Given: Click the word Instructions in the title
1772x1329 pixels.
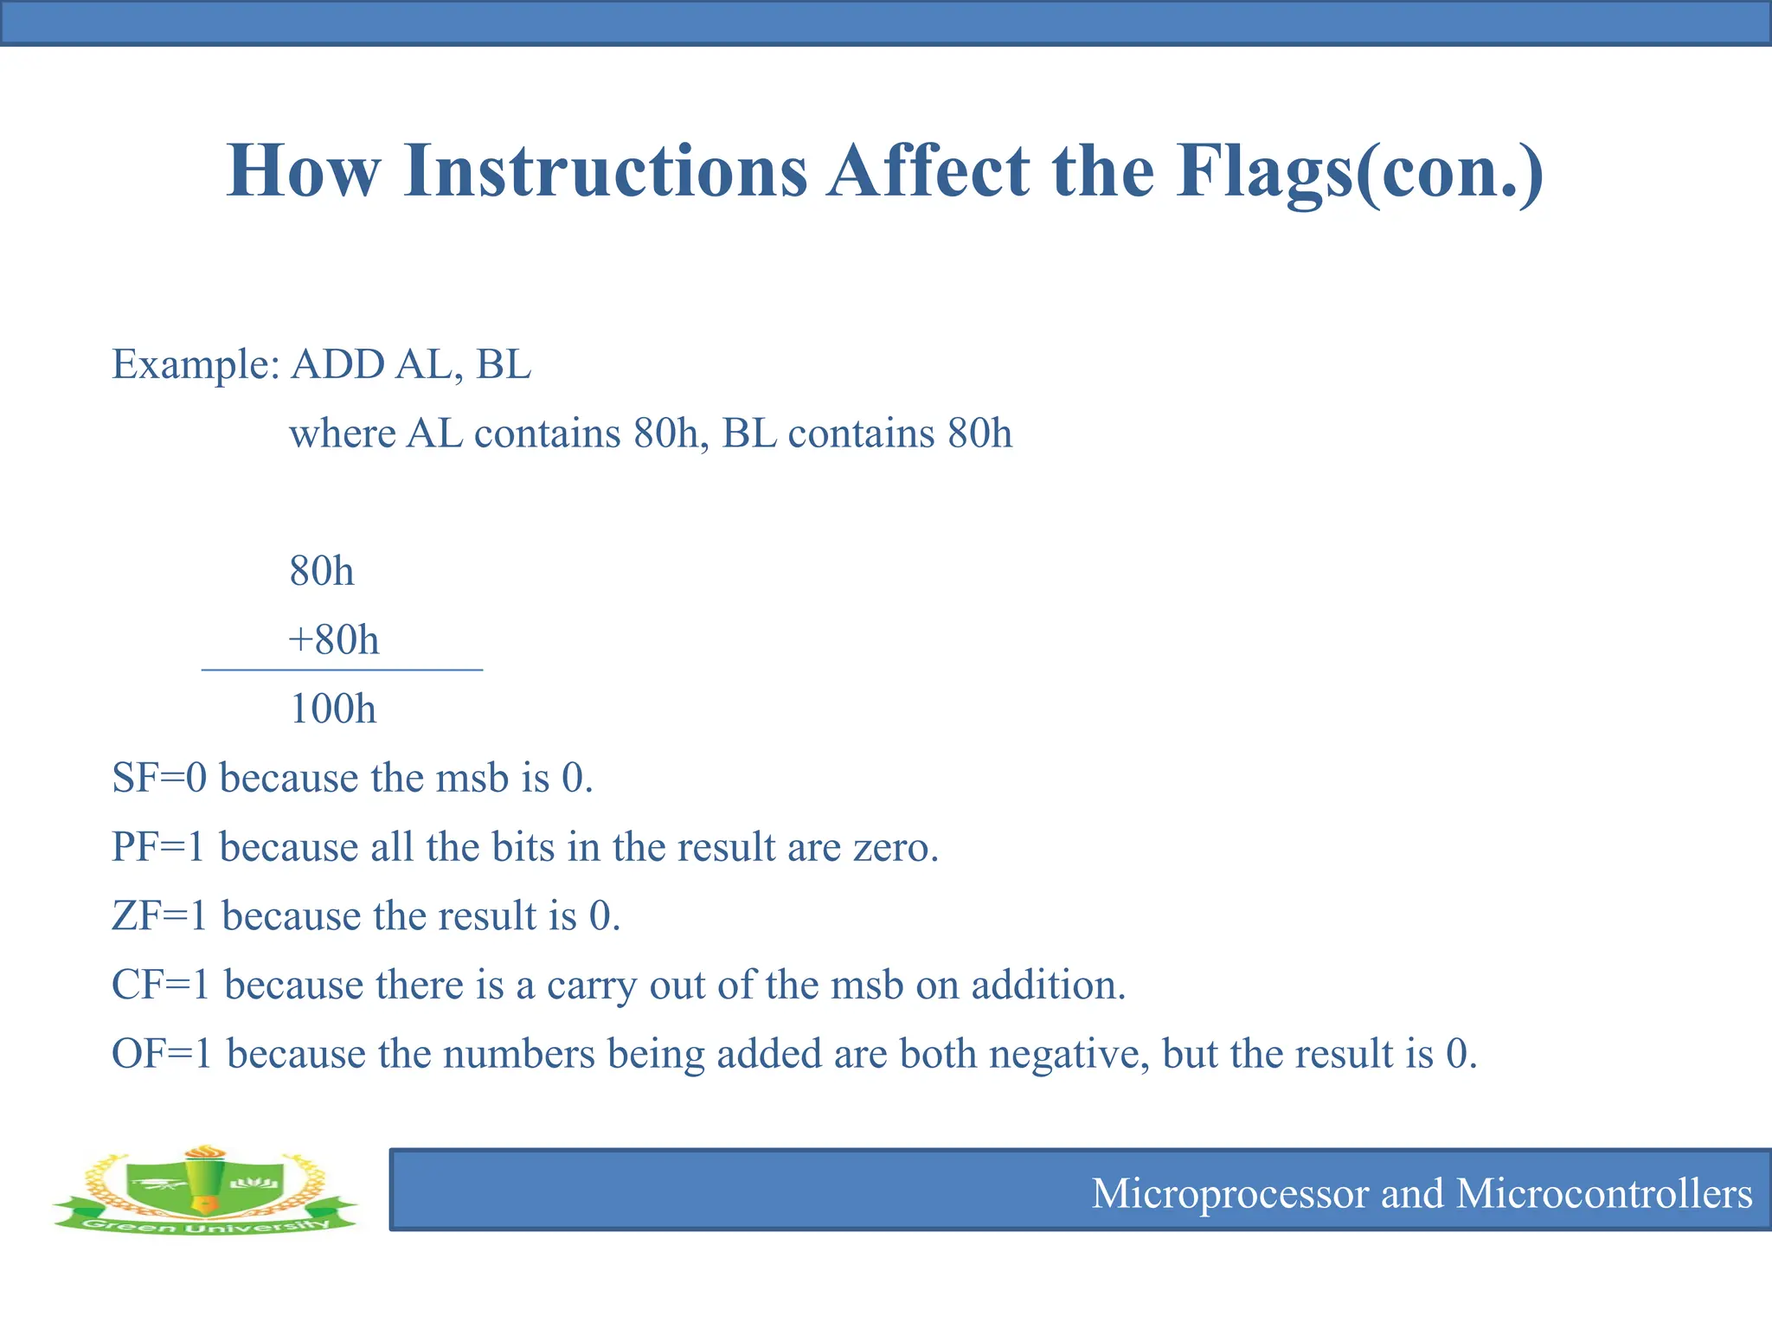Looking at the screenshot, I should pyautogui.click(x=605, y=170).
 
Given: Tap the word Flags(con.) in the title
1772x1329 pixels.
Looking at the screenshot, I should pyautogui.click(x=1358, y=170).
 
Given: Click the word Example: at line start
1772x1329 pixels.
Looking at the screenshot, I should pyautogui.click(x=196, y=364).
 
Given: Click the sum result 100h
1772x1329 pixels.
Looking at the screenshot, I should pyautogui.click(x=333, y=709).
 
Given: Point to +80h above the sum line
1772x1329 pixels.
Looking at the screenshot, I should pyautogui.click(x=334, y=640).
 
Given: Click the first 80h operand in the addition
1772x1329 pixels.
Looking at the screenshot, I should pyautogui.click(x=322, y=571).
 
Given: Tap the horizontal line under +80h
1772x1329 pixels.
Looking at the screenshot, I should pyautogui.click(x=342, y=670).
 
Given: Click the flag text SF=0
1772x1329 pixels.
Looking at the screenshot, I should pyautogui.click(x=159, y=778).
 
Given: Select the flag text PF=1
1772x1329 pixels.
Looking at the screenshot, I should pyautogui.click(x=158, y=847).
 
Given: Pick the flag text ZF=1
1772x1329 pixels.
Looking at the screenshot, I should pyautogui.click(x=160, y=916).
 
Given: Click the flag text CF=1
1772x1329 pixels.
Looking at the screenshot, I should pyautogui.click(x=161, y=986).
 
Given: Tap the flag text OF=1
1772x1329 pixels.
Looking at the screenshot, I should pyautogui.click(x=162, y=1054).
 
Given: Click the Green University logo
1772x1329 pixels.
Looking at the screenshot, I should pyautogui.click(x=205, y=1190).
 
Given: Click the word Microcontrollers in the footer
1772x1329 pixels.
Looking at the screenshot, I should pyautogui.click(x=1604, y=1194).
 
